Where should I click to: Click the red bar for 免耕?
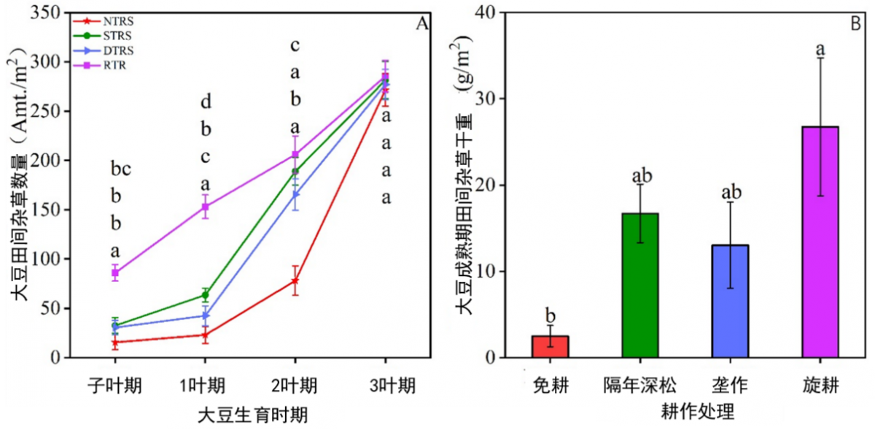(x=550, y=346)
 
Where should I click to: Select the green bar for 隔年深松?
(x=639, y=286)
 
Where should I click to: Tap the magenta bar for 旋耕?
(x=820, y=242)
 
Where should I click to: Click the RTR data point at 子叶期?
(x=114, y=273)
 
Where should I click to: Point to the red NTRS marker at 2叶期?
(x=295, y=280)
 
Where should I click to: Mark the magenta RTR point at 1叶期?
(x=205, y=207)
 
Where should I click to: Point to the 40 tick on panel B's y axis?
(x=496, y=12)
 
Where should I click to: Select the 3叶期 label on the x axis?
(x=386, y=384)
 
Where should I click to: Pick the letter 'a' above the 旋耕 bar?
(x=820, y=50)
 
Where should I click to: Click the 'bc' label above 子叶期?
(x=120, y=170)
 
